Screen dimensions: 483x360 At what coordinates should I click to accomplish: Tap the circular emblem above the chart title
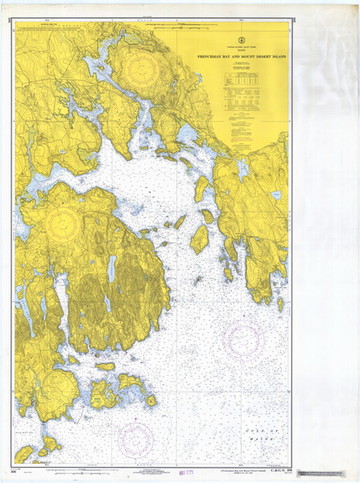pyautogui.click(x=239, y=39)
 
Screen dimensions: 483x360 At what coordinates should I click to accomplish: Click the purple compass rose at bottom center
pyautogui.click(x=135, y=440)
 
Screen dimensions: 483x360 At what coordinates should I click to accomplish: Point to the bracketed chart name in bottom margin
pyautogui.click(x=241, y=468)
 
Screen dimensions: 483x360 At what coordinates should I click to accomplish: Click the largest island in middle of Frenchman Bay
pyautogui.click(x=200, y=239)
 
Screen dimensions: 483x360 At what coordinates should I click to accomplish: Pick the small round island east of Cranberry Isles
pyautogui.click(x=151, y=400)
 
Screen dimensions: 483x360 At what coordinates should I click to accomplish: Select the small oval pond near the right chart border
pyautogui.click(x=276, y=195)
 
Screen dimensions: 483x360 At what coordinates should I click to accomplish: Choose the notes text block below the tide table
pyautogui.click(x=240, y=129)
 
